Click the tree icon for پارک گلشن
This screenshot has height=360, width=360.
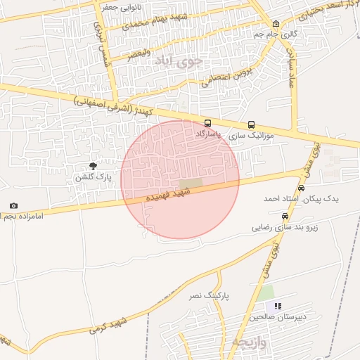point(94,166)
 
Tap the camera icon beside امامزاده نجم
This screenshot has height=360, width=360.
point(13,205)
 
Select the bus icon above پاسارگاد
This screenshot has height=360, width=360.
point(206,123)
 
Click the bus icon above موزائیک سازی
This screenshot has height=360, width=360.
point(251,124)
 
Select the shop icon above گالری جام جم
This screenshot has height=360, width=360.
point(276,23)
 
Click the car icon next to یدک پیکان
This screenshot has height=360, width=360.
point(302,188)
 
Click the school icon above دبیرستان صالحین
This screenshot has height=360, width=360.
point(278,306)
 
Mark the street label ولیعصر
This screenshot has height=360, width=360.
point(138,51)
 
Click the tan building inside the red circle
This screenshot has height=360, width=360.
point(195,184)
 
